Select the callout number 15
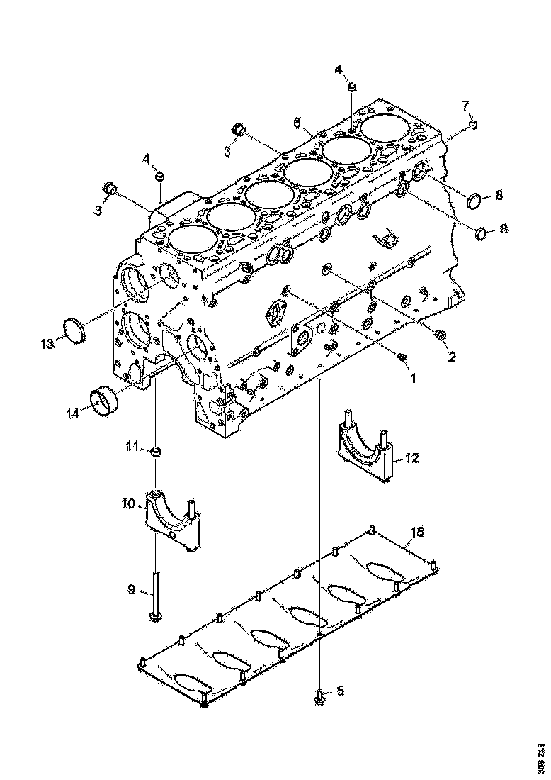pos(418,531)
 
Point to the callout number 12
pos(412,458)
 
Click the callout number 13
pos(47,344)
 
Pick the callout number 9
pos(130,588)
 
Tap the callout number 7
pos(465,106)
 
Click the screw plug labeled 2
pos(441,334)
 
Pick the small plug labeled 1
pos(402,357)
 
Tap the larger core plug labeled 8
pos(477,199)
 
